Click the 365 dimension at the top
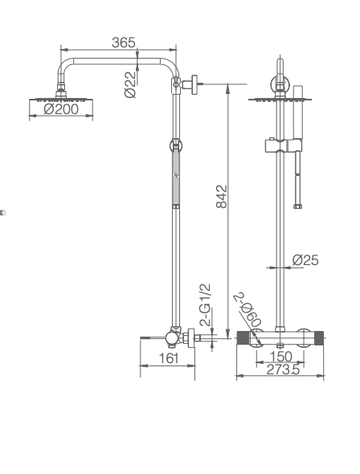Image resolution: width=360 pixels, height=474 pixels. pos(123,43)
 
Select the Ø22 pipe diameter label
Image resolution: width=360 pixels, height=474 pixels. pos(131,84)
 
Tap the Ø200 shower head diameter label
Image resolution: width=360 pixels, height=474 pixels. pos(61,109)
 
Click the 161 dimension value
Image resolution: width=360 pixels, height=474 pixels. pos(168,358)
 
